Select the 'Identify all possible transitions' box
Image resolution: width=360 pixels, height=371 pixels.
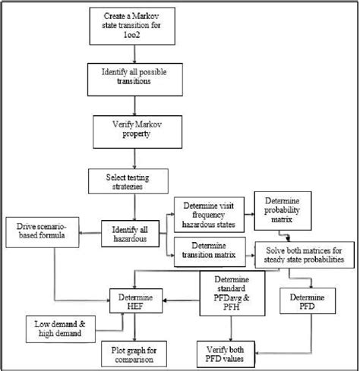(x=134, y=77)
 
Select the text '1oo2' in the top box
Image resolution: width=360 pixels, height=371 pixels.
(x=134, y=39)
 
